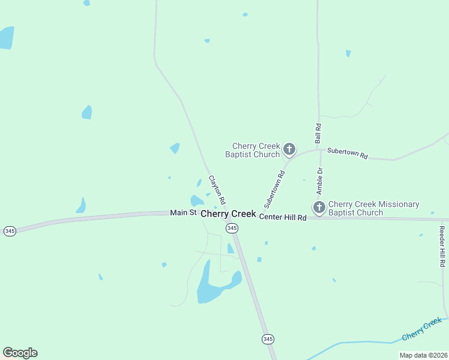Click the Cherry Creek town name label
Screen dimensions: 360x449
(x=228, y=214)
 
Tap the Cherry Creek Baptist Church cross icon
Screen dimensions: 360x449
(x=289, y=149)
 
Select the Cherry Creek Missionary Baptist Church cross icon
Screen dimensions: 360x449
(x=319, y=208)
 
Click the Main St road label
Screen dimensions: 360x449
(x=183, y=212)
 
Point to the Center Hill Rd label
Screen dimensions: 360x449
(x=283, y=217)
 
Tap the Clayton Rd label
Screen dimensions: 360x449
(x=217, y=189)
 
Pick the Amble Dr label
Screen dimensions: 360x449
(x=320, y=181)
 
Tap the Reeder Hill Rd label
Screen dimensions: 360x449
(x=442, y=246)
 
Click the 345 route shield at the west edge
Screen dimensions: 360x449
(x=10, y=231)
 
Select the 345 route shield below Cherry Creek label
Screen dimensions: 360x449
(x=232, y=228)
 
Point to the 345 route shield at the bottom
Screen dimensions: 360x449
(x=268, y=340)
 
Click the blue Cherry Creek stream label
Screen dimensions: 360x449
(x=422, y=328)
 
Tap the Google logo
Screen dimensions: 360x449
(x=20, y=353)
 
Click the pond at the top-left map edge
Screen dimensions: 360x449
(x=6, y=38)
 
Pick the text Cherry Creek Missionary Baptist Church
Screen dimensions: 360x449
(x=373, y=208)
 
